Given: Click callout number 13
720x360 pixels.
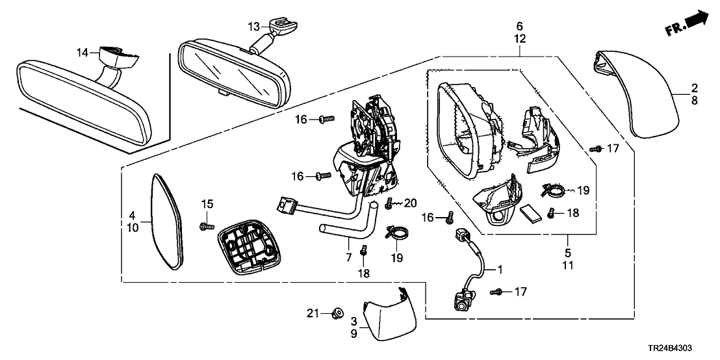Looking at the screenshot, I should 253,26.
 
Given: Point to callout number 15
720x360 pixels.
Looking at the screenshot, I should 207,205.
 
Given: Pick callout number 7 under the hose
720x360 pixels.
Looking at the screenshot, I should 350,258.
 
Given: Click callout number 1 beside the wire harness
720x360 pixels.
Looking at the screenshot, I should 500,268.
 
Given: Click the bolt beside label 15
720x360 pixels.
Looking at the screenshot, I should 207,225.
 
